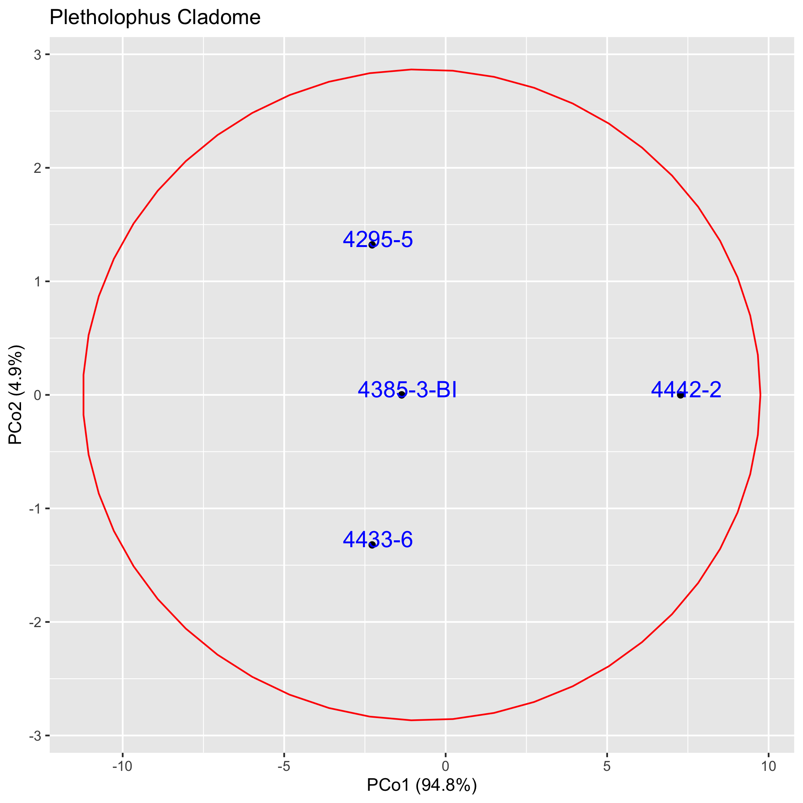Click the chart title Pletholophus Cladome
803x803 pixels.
point(155,18)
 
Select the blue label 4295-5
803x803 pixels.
point(378,240)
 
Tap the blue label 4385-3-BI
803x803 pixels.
point(407,390)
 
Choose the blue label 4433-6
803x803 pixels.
point(378,540)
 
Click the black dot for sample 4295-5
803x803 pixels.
point(372,245)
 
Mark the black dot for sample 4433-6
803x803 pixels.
point(372,545)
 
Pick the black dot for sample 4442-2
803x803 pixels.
point(680,395)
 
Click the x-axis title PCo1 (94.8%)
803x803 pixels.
point(422,785)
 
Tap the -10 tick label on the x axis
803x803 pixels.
point(122,766)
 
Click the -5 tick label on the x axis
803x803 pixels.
point(284,766)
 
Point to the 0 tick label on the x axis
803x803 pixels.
point(445,766)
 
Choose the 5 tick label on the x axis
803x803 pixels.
point(607,766)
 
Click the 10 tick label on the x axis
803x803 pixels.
point(769,766)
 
